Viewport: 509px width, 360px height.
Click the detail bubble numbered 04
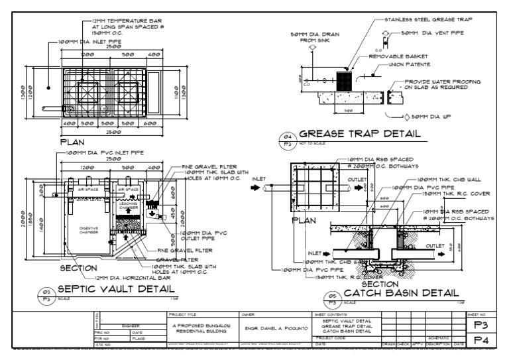(288, 139)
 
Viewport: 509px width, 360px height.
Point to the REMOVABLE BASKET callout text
(398, 56)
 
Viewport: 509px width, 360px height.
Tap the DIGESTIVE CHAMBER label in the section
(88, 231)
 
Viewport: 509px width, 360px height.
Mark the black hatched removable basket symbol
(345, 81)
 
